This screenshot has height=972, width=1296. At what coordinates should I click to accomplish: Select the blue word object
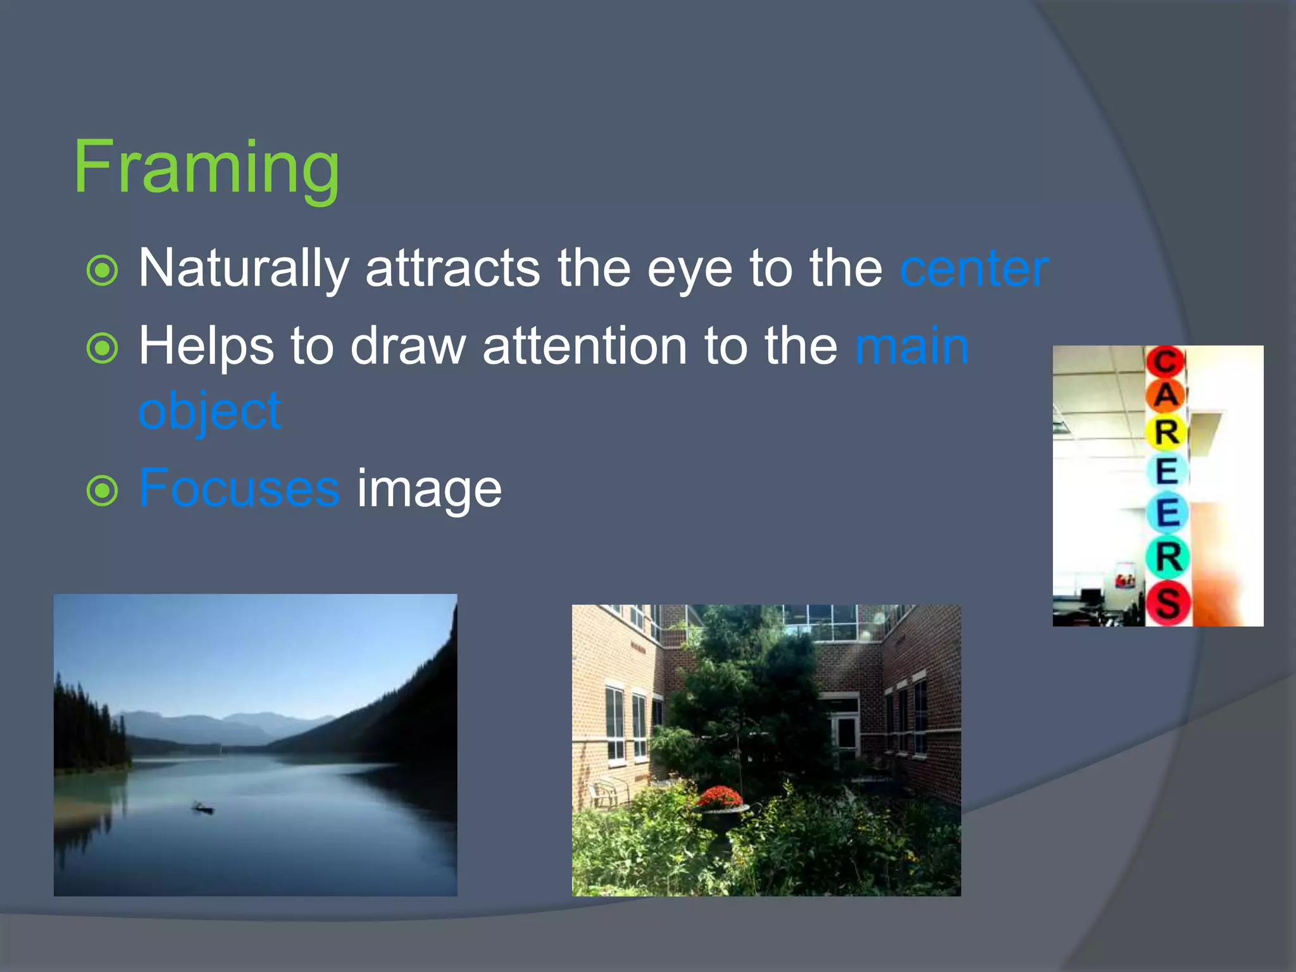[209, 412]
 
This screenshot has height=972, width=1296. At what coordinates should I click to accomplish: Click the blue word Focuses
[239, 488]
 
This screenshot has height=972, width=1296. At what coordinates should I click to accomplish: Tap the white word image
[429, 489]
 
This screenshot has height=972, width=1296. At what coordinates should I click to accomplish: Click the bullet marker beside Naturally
[102, 271]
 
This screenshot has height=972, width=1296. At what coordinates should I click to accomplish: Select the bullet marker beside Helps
[102, 348]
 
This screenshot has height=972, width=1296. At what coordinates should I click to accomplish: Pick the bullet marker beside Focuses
[102, 491]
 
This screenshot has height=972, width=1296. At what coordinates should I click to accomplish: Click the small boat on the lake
[203, 808]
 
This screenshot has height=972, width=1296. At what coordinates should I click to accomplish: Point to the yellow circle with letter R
[1166, 432]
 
